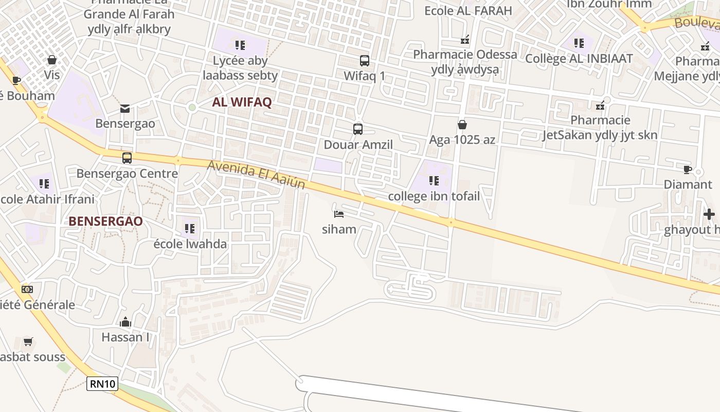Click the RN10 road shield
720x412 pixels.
pyautogui.click(x=102, y=384)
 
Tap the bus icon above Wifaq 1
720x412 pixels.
pyautogui.click(x=365, y=61)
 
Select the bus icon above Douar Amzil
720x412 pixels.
pyautogui.click(x=358, y=129)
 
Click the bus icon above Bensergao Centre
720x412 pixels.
pyautogui.click(x=127, y=158)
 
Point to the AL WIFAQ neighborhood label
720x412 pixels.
pyautogui.click(x=242, y=102)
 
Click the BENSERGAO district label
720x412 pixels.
pyautogui.click(x=105, y=221)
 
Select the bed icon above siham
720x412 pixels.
pyautogui.click(x=338, y=214)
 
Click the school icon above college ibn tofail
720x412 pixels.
pyautogui.click(x=434, y=181)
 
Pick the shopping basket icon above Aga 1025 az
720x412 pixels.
pyautogui.click(x=462, y=125)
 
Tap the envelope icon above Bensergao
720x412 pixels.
pyautogui.click(x=125, y=109)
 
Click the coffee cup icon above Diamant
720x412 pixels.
pyautogui.click(x=688, y=169)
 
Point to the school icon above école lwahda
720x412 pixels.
pyautogui.click(x=190, y=228)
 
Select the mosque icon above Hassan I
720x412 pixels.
pyautogui.click(x=125, y=323)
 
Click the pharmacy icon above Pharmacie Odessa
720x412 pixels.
pyautogui.click(x=465, y=40)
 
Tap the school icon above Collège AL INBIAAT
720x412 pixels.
pyautogui.click(x=579, y=43)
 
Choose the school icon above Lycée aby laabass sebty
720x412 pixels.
pyautogui.click(x=240, y=45)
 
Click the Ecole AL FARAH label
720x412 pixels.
pyautogui.click(x=468, y=10)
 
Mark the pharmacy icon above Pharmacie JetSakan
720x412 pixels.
pyautogui.click(x=600, y=106)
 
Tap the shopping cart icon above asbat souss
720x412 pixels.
pyautogui.click(x=28, y=341)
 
